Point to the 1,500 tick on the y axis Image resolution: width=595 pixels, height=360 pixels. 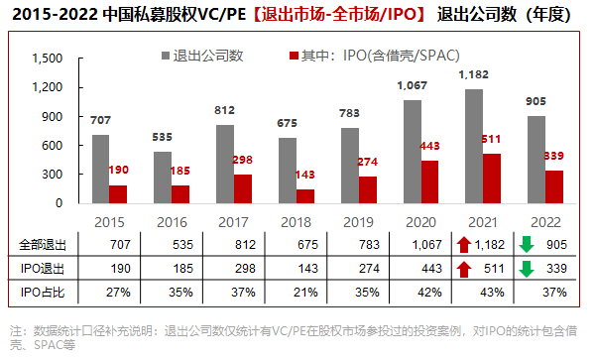point(47,59)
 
